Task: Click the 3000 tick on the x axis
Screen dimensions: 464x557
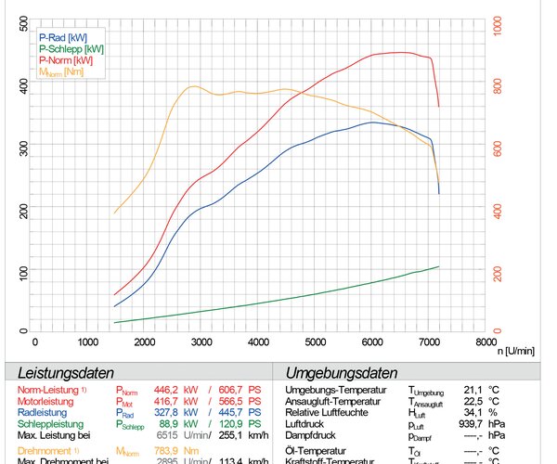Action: (x=201, y=342)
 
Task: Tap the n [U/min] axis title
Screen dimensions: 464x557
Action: (x=514, y=352)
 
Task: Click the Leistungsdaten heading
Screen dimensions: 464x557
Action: (x=65, y=372)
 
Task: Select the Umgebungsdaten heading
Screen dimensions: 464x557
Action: (x=335, y=372)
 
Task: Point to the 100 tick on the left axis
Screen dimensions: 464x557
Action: (x=22, y=272)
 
